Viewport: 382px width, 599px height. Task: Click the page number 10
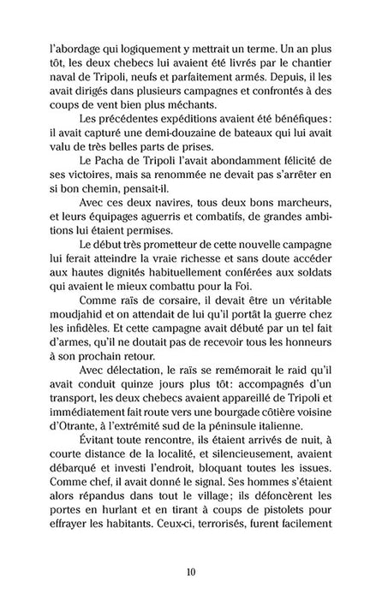[x=191, y=571]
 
